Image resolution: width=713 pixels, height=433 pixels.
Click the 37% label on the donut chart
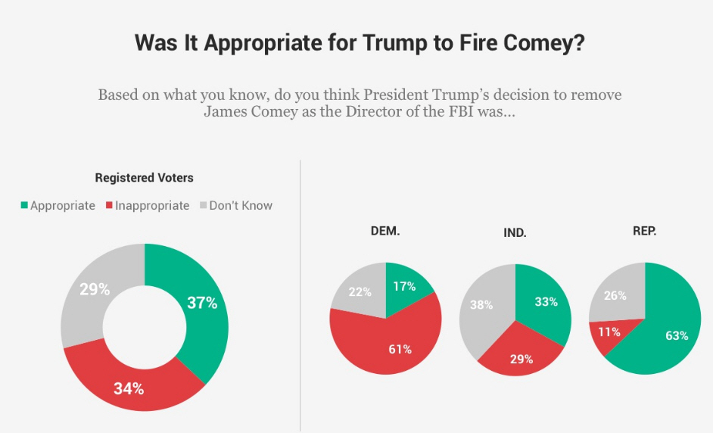click(202, 303)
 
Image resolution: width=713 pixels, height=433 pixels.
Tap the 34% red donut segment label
click(129, 389)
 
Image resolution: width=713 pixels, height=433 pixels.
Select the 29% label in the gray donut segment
click(95, 288)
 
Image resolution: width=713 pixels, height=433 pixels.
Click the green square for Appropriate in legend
click(24, 205)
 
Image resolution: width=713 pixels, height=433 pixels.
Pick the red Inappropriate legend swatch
click(109, 205)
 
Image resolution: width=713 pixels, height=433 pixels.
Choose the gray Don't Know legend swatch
click(202, 205)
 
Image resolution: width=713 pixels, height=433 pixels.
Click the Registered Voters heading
click(144, 178)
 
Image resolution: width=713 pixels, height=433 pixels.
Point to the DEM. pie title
click(385, 231)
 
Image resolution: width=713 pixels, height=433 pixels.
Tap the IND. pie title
click(515, 233)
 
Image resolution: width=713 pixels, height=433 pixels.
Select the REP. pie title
click(644, 231)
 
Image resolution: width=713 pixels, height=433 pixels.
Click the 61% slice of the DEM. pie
click(400, 349)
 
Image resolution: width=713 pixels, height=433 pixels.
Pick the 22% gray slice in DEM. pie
click(360, 291)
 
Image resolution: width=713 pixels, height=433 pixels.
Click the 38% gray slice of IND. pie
click(482, 305)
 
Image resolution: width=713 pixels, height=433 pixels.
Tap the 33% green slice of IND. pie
click(546, 301)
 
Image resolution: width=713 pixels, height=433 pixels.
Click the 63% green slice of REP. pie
click(676, 335)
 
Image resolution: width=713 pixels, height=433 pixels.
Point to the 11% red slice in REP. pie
click(609, 332)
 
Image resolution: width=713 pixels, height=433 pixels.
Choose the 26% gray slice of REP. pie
click(615, 295)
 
